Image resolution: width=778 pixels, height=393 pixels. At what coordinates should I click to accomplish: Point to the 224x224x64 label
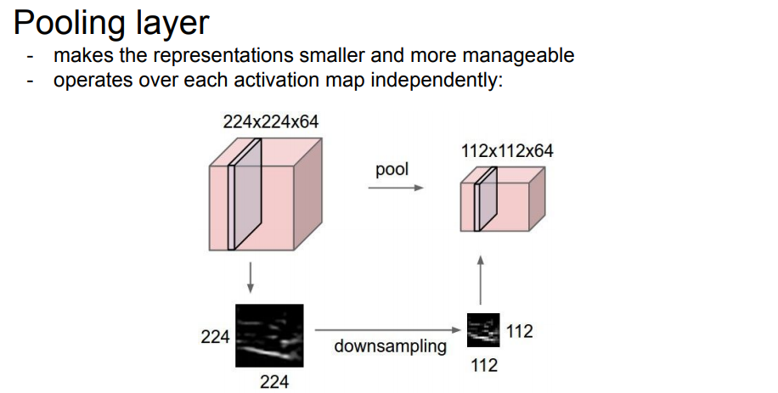click(x=270, y=121)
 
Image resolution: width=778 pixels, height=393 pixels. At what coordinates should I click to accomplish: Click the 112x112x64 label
click(x=506, y=151)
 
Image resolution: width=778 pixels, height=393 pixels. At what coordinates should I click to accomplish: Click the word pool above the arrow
click(x=392, y=169)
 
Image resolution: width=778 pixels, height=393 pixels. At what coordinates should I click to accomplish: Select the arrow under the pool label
click(x=395, y=188)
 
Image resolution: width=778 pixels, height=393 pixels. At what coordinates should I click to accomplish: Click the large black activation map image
click(x=269, y=334)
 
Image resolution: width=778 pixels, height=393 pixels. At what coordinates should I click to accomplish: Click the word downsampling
click(x=390, y=346)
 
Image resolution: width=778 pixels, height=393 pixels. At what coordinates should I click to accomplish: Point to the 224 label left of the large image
click(x=215, y=337)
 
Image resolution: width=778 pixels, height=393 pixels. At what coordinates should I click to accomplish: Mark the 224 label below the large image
click(x=273, y=382)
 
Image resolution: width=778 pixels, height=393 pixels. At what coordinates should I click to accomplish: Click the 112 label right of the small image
click(x=519, y=331)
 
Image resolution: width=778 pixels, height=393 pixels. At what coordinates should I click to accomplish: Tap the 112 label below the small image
click(x=483, y=365)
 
